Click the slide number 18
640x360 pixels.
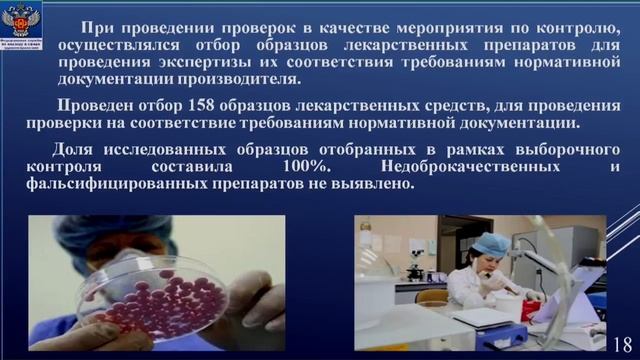621,339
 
